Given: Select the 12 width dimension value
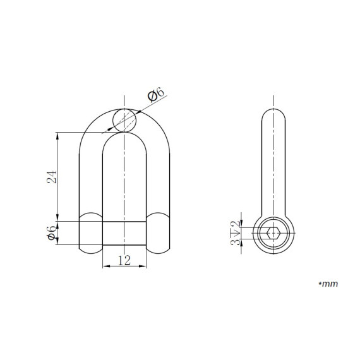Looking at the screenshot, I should pyautogui.click(x=124, y=259).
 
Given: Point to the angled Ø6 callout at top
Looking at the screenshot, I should pyautogui.click(x=155, y=97).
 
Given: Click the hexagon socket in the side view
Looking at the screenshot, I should pyautogui.click(x=272, y=234).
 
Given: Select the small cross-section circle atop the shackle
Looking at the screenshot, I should pyautogui.click(x=124, y=119).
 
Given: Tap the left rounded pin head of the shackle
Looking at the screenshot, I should pyautogui.click(x=90, y=232).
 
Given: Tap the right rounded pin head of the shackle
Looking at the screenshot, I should pyautogui.click(x=159, y=232).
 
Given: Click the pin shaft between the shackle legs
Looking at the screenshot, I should pyautogui.click(x=124, y=233).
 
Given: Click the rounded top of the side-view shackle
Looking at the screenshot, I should pyautogui.click(x=272, y=117).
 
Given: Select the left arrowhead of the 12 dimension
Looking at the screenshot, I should pyautogui.click(x=105, y=265).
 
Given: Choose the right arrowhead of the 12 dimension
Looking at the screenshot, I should pyautogui.click(x=144, y=265).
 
